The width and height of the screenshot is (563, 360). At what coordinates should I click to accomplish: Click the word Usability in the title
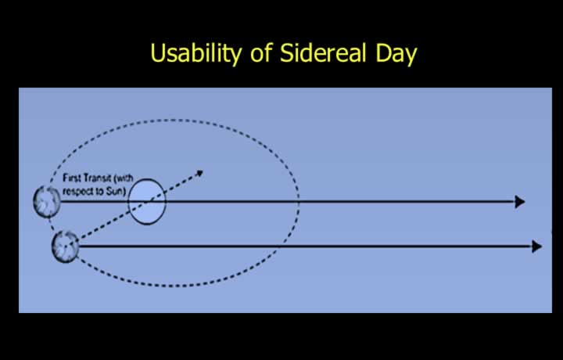point(195,54)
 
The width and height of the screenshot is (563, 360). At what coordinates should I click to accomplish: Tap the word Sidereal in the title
point(323,52)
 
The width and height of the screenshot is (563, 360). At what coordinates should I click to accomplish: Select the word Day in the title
point(396,55)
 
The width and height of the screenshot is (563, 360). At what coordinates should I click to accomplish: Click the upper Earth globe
point(47,202)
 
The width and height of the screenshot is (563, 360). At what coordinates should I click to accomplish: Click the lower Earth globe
point(65,247)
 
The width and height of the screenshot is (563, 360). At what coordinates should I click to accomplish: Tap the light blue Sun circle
point(147,202)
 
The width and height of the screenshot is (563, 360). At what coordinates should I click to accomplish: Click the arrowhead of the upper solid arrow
point(520,202)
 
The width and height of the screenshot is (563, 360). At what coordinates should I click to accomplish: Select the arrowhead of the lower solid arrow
point(536,247)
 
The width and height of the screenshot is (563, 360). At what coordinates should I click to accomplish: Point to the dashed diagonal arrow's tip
point(203,171)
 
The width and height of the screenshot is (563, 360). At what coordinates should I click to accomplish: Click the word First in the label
point(70,178)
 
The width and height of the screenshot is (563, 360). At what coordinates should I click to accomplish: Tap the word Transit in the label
point(95,178)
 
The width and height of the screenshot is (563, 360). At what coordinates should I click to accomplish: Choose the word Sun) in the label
point(117,191)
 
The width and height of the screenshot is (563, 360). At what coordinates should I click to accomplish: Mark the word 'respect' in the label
point(78,192)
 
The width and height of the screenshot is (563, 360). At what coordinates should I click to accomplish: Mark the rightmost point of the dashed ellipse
point(299,202)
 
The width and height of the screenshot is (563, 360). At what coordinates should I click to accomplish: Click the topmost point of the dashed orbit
point(172,120)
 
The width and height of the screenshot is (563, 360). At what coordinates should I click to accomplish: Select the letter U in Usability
point(156,53)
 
